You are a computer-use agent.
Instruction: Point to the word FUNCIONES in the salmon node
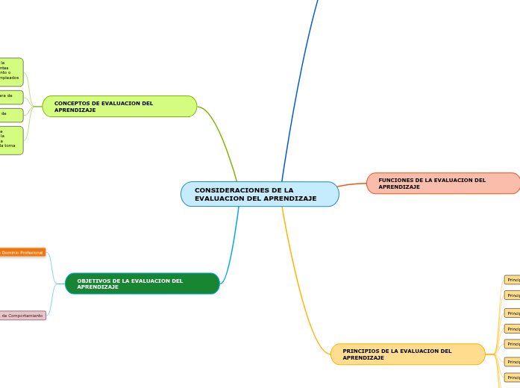(x=396, y=180)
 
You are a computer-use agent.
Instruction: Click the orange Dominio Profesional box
(x=22, y=252)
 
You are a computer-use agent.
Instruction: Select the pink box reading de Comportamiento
(x=22, y=316)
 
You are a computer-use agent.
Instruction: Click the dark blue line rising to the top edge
(x=298, y=90)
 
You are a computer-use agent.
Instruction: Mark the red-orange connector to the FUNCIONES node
(x=352, y=184)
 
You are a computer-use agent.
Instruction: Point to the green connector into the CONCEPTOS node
(x=224, y=134)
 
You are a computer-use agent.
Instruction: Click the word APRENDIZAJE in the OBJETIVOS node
(x=98, y=287)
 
